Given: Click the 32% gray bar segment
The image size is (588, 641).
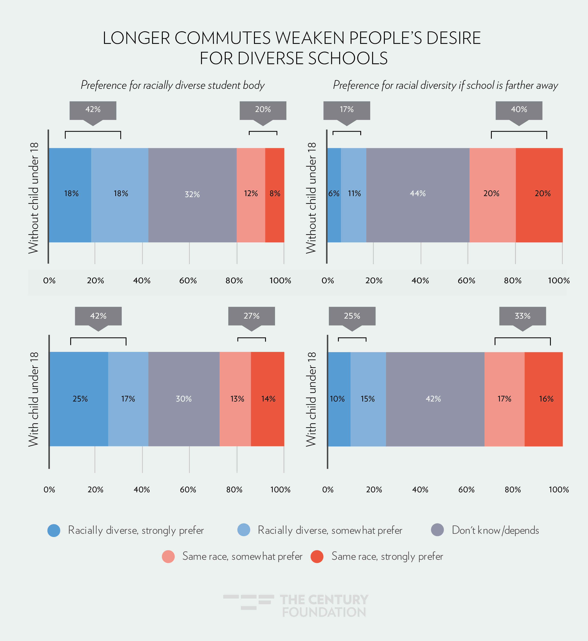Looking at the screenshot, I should [192, 195].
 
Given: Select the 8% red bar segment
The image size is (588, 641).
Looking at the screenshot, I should [275, 195].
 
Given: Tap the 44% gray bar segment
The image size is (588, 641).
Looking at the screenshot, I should [418, 195].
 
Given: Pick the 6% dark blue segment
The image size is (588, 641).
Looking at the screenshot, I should [334, 195].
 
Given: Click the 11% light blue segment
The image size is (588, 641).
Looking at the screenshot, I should [354, 195].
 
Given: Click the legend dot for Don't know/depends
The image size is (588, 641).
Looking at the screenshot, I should [437, 530].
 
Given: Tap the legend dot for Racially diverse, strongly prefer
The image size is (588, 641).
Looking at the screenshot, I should [54, 530].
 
